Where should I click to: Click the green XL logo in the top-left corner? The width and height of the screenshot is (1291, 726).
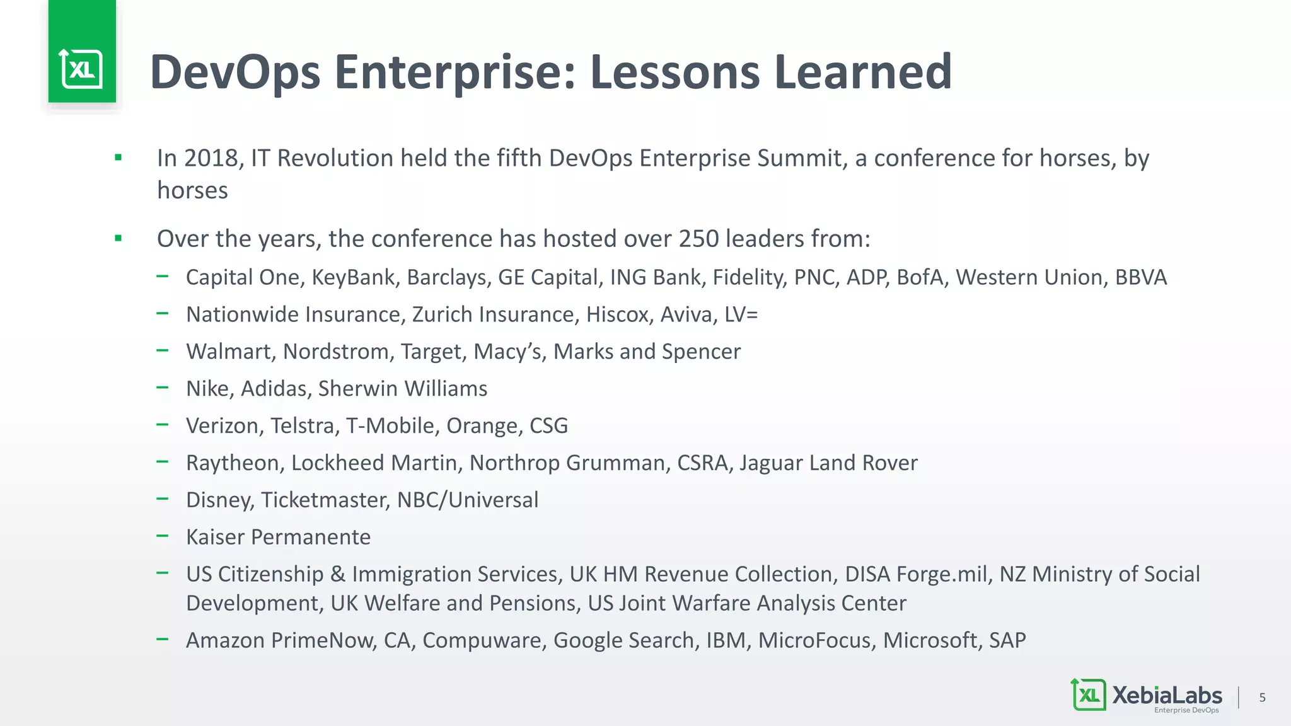tap(82, 68)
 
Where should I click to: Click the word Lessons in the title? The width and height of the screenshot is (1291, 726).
tap(674, 72)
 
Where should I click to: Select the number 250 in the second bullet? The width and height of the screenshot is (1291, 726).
tap(698, 239)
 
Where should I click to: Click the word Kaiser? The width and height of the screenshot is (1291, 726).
tap(215, 538)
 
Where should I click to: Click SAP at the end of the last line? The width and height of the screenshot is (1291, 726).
tap(1007, 641)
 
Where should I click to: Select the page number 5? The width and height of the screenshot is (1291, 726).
tap(1262, 698)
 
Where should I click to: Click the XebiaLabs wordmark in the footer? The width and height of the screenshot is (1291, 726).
tap(1167, 695)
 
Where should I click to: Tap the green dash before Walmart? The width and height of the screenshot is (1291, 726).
tap(163, 350)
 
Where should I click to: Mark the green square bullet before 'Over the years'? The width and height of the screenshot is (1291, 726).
tap(118, 238)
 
